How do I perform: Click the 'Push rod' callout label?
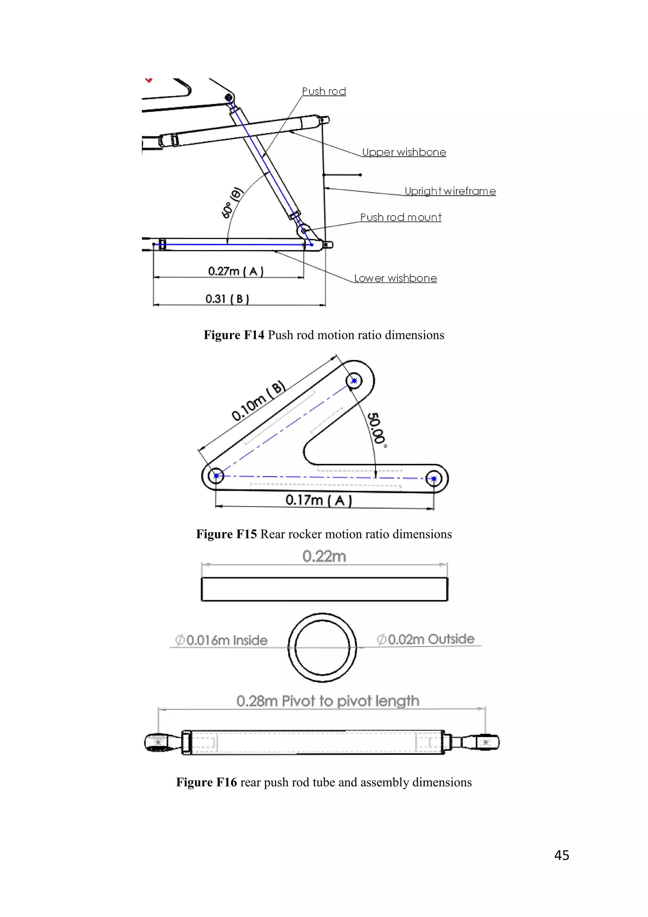tap(324, 92)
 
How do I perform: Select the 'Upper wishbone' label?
tap(404, 152)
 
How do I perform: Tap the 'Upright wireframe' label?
tap(450, 191)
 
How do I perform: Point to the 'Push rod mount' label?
tap(401, 217)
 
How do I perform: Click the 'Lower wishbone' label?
tap(396, 278)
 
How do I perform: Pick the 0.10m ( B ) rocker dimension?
tap(258, 401)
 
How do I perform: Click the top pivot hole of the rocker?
tap(354, 381)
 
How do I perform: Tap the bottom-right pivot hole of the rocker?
tap(434, 478)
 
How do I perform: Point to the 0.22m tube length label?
tap(324, 556)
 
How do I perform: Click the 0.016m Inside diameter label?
tap(221, 640)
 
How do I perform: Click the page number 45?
tap(561, 855)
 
